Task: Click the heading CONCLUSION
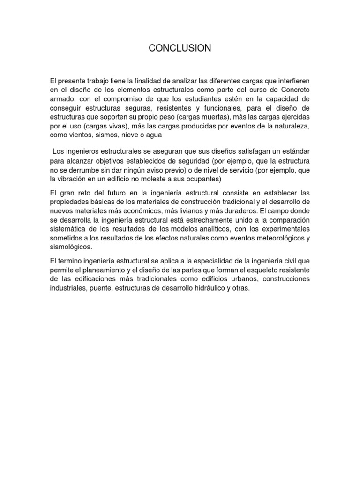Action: (180, 48)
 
